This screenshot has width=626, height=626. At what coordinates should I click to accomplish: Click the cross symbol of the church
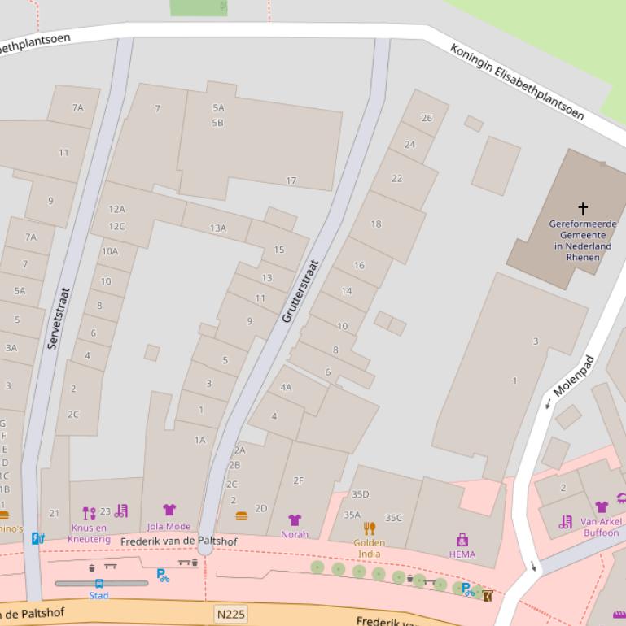[582, 209]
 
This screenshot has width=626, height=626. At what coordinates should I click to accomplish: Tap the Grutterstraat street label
[299, 291]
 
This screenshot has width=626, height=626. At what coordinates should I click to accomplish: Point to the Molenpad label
[574, 376]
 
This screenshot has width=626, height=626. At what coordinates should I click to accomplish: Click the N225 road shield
[230, 614]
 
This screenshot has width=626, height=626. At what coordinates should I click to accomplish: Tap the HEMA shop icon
[462, 540]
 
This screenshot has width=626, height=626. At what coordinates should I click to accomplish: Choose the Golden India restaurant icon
[370, 528]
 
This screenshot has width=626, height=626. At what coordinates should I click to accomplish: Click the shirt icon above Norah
[295, 520]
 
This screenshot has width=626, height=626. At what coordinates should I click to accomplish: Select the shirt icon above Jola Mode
[169, 511]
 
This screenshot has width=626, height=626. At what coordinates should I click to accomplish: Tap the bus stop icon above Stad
[99, 583]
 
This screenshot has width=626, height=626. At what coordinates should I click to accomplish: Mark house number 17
[291, 180]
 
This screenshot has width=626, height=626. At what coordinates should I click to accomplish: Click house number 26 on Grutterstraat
[427, 118]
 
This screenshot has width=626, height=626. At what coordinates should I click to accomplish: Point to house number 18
[375, 224]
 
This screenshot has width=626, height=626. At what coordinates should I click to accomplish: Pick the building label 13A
[217, 228]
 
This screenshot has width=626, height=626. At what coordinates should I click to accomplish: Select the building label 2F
[298, 480]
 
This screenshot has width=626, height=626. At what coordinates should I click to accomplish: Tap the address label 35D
[360, 494]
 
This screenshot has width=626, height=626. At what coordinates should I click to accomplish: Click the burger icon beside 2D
[241, 515]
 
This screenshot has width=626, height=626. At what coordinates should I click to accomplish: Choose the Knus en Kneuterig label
[89, 533]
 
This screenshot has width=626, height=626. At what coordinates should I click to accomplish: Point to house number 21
[55, 513]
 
